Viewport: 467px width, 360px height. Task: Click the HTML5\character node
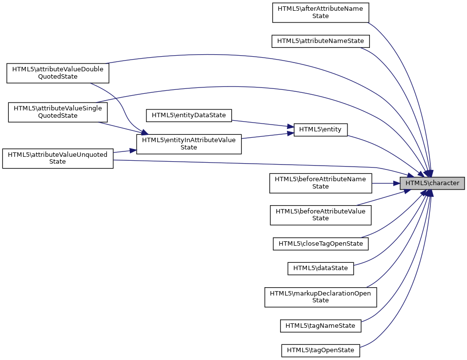432,183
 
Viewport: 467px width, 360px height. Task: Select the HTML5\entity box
320,129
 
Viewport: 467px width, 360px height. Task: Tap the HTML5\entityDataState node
189,115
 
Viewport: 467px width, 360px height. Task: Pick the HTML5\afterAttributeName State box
320,12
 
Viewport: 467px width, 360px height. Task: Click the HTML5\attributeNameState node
320,41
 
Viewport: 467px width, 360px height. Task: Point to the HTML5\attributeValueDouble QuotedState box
58,73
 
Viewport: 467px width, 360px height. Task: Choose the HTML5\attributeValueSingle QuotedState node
58,112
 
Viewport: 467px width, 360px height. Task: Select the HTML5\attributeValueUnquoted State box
58,158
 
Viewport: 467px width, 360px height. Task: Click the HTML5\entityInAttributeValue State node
189,144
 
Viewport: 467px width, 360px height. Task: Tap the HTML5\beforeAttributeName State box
320,183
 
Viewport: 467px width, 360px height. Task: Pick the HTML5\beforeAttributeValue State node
320,215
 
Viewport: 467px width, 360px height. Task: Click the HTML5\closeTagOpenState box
320,243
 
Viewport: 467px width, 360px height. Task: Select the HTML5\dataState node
320,268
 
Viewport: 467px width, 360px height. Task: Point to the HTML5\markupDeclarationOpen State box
320,297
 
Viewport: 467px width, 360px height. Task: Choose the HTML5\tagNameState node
320,325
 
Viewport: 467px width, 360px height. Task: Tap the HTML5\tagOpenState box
320,350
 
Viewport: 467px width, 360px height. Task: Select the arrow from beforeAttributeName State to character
386,183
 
